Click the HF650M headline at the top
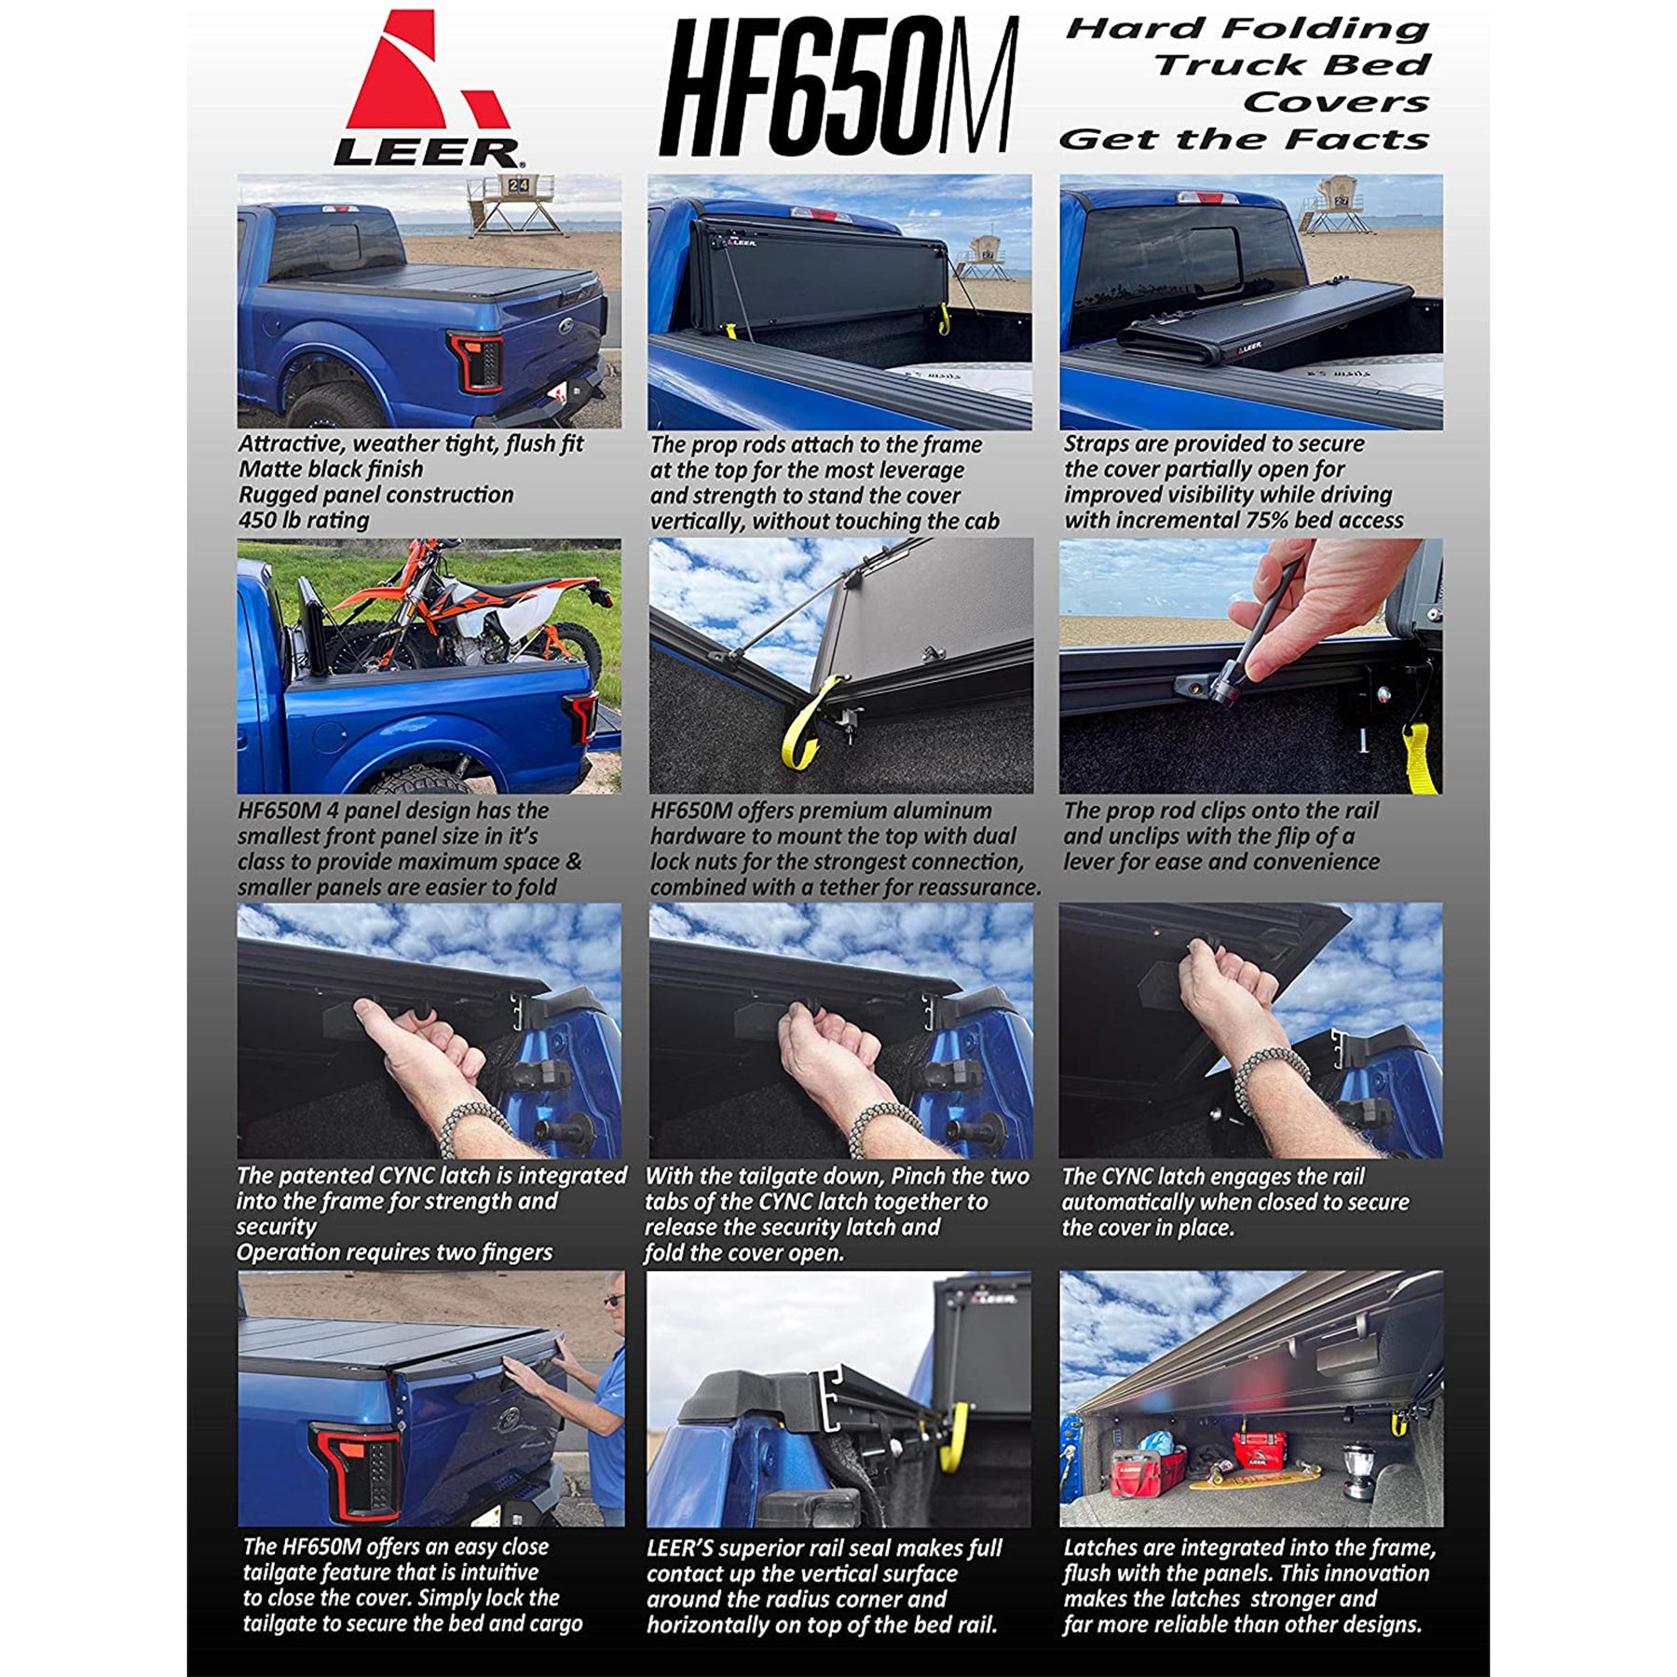tap(838, 87)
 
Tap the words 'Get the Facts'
tap(1244, 140)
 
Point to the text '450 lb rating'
tap(304, 520)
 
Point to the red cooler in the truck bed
tap(1259, 1449)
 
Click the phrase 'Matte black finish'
tap(331, 469)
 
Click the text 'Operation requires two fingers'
tap(394, 1252)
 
